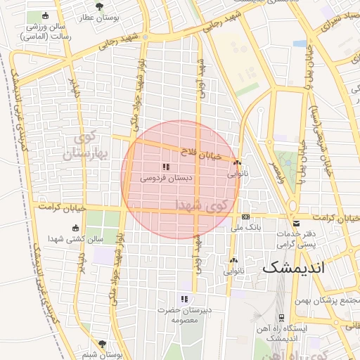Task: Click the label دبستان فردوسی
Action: coord(166,179)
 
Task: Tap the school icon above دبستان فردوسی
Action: coord(166,167)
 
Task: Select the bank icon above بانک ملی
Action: coord(245,217)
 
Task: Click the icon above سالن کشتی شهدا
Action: coord(76,228)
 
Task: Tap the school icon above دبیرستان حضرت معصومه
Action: coord(184,299)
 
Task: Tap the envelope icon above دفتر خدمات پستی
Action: coord(297,223)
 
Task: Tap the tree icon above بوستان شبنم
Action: coord(103,344)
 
